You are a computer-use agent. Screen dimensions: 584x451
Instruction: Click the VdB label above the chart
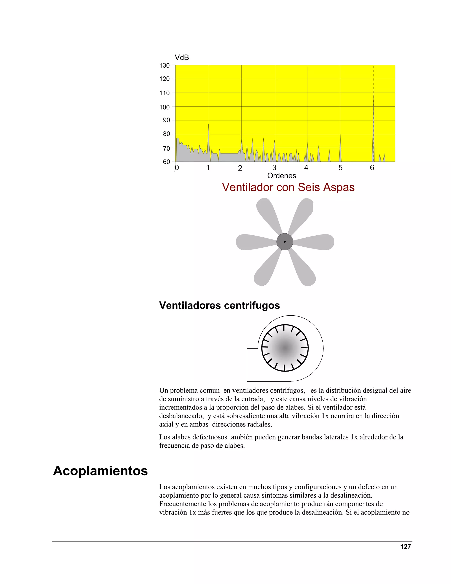pyautogui.click(x=182, y=58)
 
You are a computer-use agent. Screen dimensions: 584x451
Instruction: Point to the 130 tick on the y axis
pyautogui.click(x=165, y=65)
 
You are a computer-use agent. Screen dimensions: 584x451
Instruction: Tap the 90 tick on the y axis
pyautogui.click(x=166, y=120)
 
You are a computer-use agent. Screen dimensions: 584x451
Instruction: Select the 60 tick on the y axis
pyautogui.click(x=166, y=162)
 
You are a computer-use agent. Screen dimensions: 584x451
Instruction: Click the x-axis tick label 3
pyautogui.click(x=274, y=168)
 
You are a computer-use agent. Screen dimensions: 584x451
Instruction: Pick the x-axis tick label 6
pyautogui.click(x=372, y=168)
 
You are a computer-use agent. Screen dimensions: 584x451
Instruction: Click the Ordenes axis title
pyautogui.click(x=282, y=176)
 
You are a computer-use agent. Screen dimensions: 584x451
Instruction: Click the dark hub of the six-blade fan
pyautogui.click(x=285, y=242)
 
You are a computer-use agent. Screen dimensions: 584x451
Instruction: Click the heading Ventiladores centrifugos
pyautogui.click(x=219, y=305)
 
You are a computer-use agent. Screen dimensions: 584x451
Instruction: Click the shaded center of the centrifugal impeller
pyautogui.click(x=285, y=348)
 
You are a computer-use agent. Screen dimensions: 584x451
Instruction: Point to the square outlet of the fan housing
pyautogui.click(x=253, y=365)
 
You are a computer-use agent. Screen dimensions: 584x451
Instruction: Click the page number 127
pyautogui.click(x=405, y=547)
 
